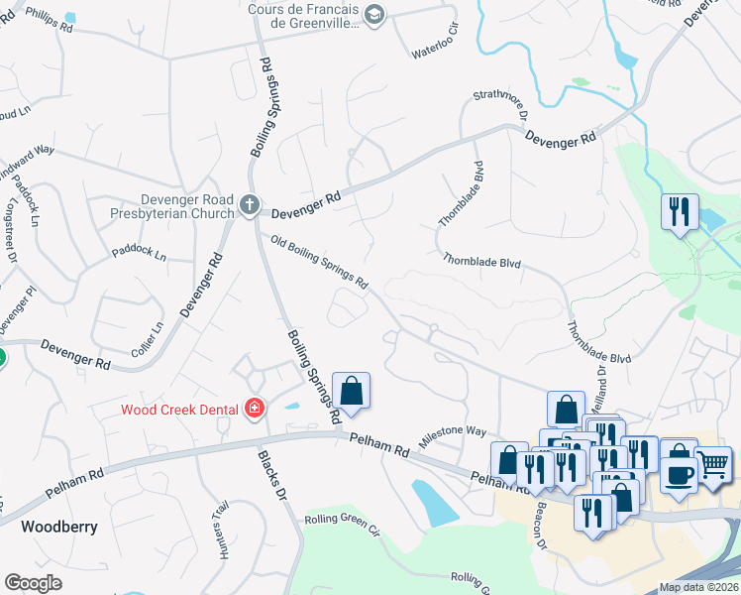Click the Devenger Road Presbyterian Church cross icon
[x=249, y=206]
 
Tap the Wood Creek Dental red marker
[x=255, y=409]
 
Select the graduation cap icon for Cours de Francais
[x=374, y=14]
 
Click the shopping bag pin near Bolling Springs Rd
[x=351, y=391]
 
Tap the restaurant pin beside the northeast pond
[x=680, y=211]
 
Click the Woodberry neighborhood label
[x=60, y=527]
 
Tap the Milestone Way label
[x=453, y=433]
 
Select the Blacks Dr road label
[x=271, y=475]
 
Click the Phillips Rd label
[x=50, y=21]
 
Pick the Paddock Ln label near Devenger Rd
[x=139, y=252]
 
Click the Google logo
[x=33, y=584]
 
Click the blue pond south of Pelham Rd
[x=433, y=502]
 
